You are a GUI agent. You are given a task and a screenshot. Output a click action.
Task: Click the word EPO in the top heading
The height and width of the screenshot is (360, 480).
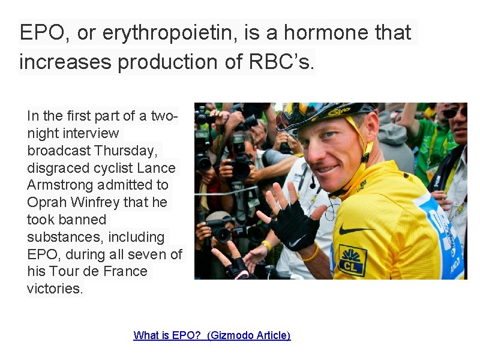pyautogui.click(x=41, y=33)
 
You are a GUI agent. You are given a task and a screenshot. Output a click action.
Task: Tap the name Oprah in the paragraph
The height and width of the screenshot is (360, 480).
pyautogui.click(x=46, y=202)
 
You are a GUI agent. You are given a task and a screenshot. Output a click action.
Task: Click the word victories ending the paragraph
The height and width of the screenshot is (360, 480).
pyautogui.click(x=55, y=289)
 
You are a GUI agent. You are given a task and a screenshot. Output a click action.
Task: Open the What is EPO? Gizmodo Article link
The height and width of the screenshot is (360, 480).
pyautogui.click(x=212, y=335)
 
